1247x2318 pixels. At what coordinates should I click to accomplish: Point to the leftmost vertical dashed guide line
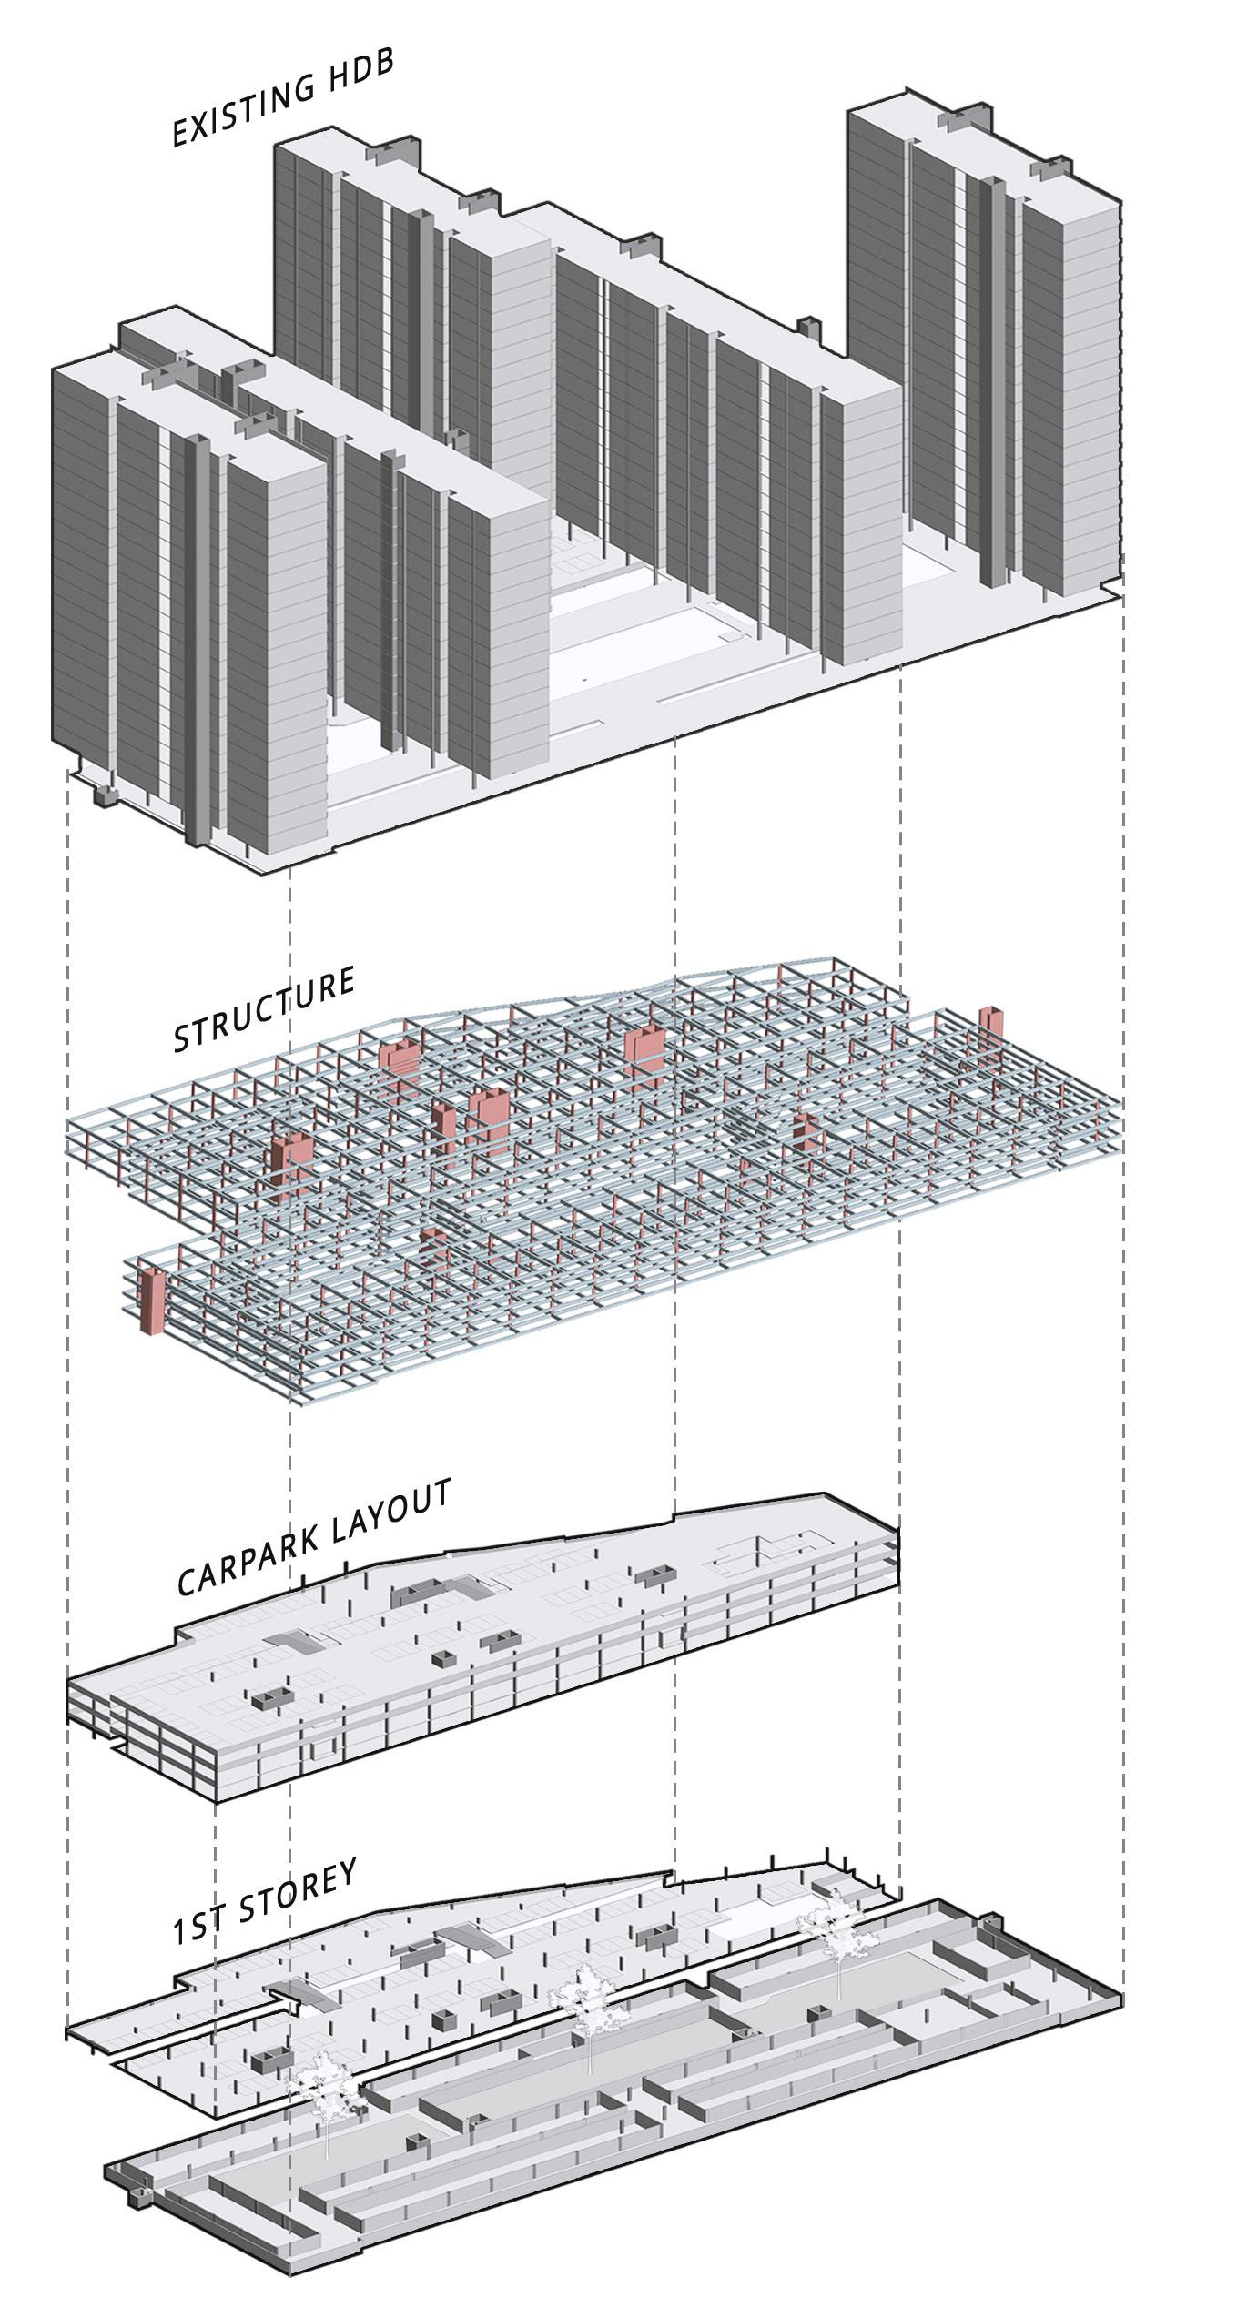[70, 1365]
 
